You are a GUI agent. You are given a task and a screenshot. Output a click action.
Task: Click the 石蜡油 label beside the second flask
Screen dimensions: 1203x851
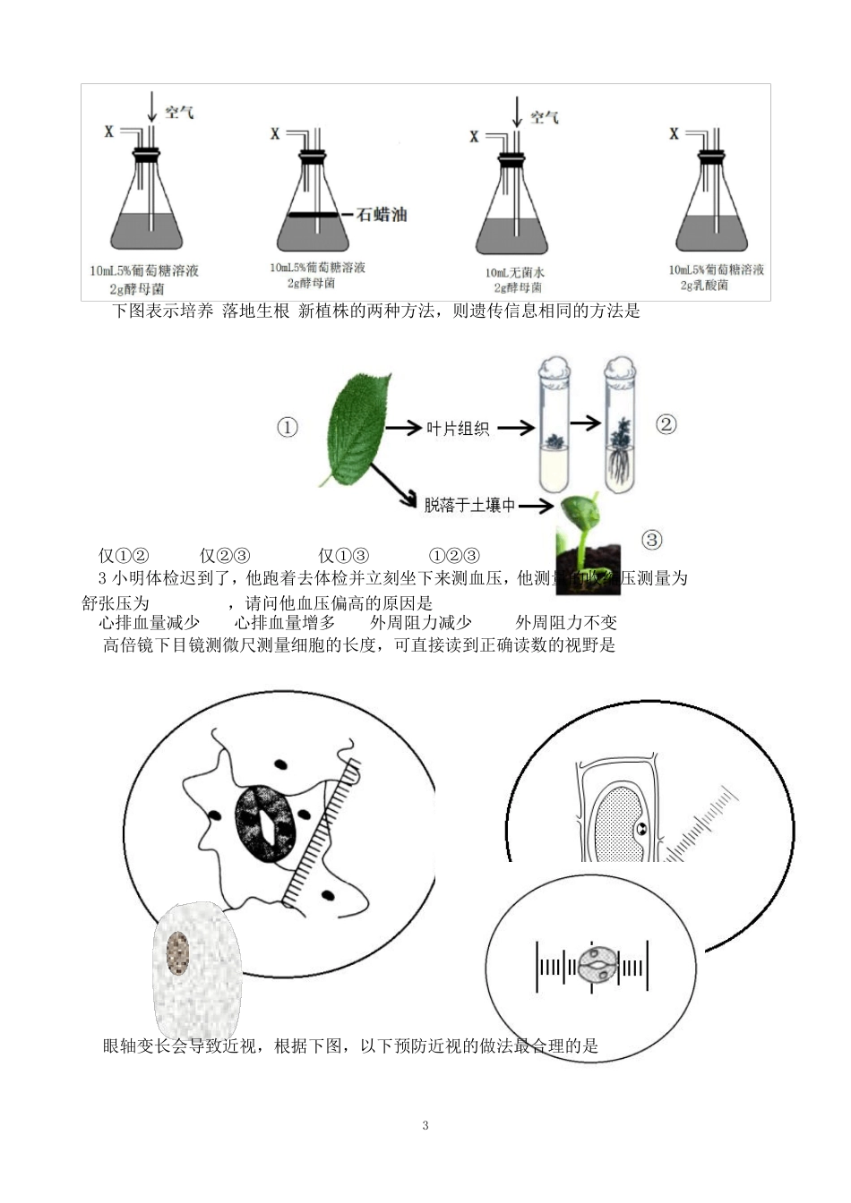(383, 215)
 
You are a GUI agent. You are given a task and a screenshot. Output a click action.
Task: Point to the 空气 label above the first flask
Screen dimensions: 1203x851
(179, 112)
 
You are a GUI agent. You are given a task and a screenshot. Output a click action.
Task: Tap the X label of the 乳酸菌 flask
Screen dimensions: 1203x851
(674, 134)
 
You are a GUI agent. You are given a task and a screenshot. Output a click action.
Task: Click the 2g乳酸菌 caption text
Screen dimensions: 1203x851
(704, 286)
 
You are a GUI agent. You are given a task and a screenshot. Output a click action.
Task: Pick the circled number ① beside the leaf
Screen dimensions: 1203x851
(287, 428)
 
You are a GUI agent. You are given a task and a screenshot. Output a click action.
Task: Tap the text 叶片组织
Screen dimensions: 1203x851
(457, 429)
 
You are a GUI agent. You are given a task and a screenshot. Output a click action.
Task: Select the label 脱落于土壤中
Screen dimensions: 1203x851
(469, 506)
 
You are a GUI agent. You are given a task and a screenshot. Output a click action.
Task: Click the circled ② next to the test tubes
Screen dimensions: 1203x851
(666, 424)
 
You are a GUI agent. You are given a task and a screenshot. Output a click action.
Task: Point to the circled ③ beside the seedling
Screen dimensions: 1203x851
(652, 539)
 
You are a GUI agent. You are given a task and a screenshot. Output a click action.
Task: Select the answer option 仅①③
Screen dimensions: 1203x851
(344, 556)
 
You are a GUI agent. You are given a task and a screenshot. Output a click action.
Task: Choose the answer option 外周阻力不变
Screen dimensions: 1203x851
(566, 623)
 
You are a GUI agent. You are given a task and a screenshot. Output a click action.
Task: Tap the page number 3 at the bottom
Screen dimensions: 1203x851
(425, 1125)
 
